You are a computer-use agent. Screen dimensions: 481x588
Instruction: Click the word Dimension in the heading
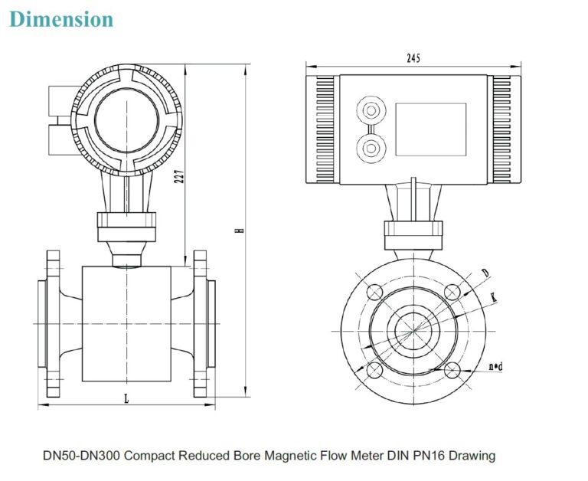click(61, 19)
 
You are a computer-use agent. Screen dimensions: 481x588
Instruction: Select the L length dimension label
click(126, 398)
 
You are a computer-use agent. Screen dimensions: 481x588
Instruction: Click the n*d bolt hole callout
click(495, 367)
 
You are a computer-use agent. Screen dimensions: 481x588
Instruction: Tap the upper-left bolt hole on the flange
click(375, 292)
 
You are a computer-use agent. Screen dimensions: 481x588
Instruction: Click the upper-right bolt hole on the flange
click(452, 292)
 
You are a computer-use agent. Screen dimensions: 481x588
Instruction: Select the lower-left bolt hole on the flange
click(375, 370)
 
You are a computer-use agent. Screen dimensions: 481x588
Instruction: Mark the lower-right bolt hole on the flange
click(452, 370)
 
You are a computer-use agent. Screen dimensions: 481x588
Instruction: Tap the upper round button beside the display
click(372, 108)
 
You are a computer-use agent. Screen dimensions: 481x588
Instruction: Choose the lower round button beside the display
click(372, 146)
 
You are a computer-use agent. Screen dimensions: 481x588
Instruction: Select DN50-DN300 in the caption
click(80, 456)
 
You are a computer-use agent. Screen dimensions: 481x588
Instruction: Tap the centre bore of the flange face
click(413, 331)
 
